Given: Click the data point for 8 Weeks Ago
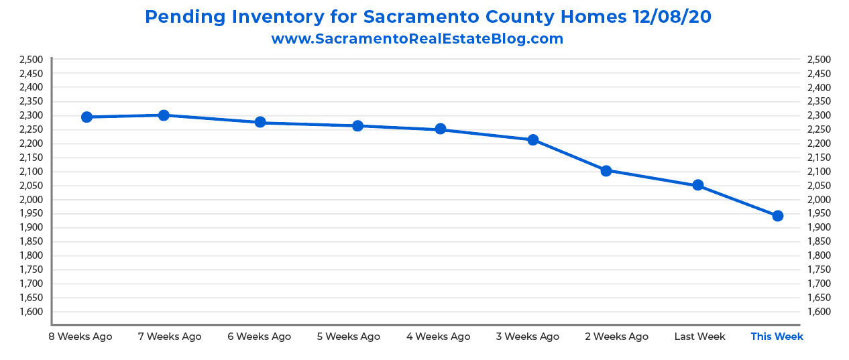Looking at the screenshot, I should click(87, 117).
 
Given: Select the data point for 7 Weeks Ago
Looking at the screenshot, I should click(164, 115).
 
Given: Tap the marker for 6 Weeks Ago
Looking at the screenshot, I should click(260, 122).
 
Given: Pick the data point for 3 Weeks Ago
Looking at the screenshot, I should click(533, 139).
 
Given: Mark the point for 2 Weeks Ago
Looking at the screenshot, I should click(606, 170).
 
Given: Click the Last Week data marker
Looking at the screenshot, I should click(698, 185).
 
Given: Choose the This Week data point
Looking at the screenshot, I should click(778, 216).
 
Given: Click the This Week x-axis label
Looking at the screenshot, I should click(777, 337).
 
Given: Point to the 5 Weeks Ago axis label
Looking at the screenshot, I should click(348, 337).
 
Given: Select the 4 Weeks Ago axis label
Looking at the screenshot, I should click(439, 337).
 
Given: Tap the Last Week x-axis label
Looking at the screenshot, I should click(699, 337).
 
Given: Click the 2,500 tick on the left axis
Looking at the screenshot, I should click(31, 59).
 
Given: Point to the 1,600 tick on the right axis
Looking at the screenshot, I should click(819, 312).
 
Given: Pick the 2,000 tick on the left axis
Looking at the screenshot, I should click(31, 200).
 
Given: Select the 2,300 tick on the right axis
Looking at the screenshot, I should click(819, 115).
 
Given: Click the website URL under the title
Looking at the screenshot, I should click(417, 38).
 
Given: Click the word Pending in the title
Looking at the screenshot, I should click(181, 17).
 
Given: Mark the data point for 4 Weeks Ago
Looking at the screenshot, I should click(441, 129).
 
